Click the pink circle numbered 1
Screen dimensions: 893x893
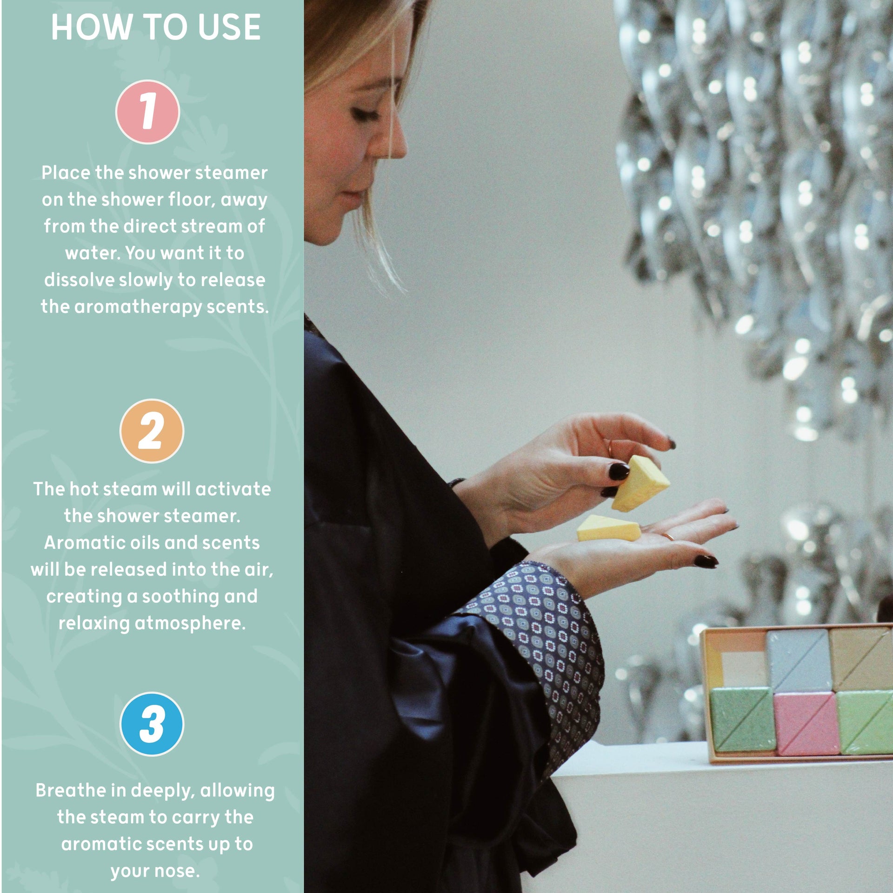[147, 112]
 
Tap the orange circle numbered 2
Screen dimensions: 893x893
[152, 431]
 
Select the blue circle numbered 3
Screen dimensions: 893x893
[152, 724]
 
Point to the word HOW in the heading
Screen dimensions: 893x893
[88, 27]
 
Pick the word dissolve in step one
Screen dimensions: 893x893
[79, 280]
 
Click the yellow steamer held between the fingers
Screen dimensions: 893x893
[640, 484]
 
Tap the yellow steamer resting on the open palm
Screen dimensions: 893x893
[608, 528]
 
